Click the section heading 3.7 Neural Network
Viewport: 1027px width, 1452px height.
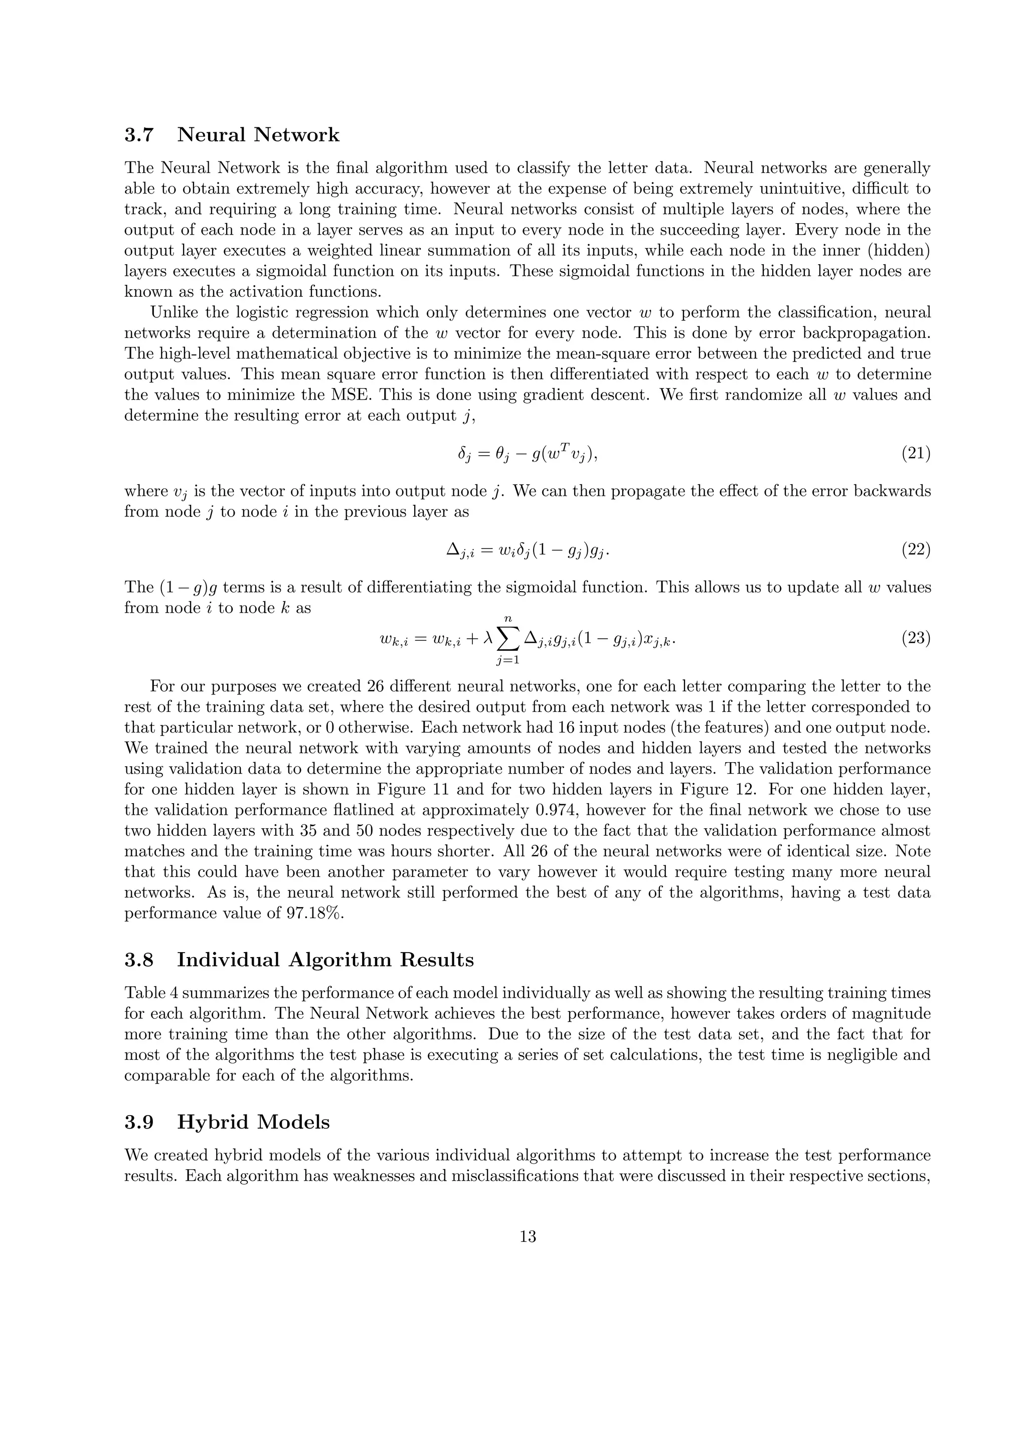tap(232, 135)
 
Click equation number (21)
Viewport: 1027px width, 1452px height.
tap(915, 453)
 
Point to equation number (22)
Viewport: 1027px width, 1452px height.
tap(915, 550)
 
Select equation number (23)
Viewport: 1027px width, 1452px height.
tap(915, 638)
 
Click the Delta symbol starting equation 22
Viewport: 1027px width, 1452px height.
tap(452, 550)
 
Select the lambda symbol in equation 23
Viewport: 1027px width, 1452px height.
tap(487, 639)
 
